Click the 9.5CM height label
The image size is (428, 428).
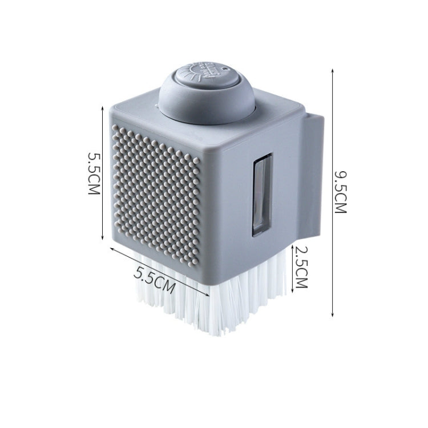tap(340, 192)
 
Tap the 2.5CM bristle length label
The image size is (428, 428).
tap(301, 267)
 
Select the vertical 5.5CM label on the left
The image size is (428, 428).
tap(94, 173)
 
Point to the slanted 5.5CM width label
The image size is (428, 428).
tap(155, 280)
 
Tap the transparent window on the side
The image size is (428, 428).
tap(262, 195)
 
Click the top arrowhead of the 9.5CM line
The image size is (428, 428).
tap(332, 70)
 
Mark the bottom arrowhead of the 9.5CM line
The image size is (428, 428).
tap(332, 315)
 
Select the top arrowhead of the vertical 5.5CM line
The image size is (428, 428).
tap(103, 108)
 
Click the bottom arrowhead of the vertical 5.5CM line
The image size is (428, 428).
tap(103, 238)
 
